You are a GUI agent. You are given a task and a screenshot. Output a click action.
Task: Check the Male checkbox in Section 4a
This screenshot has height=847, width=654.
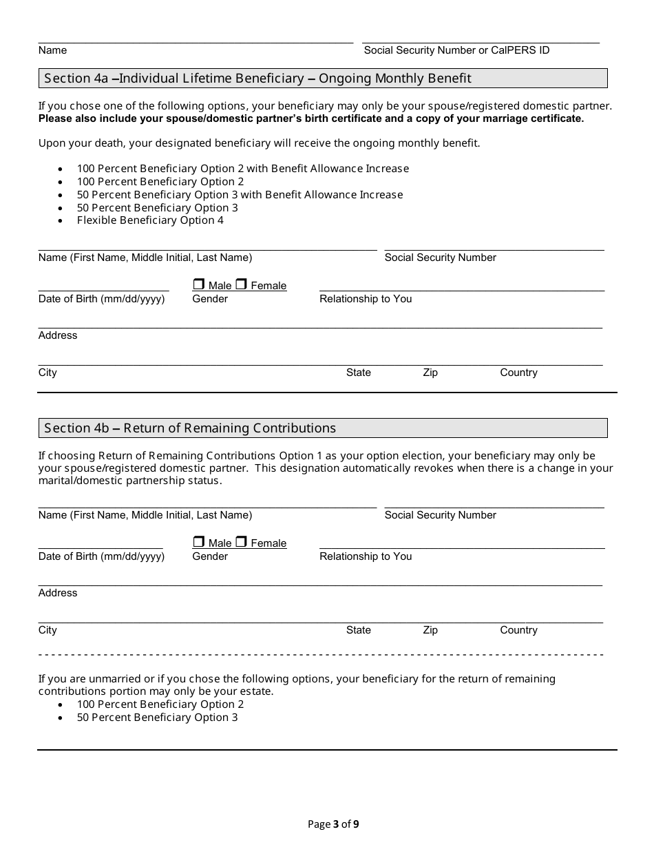tap(199, 284)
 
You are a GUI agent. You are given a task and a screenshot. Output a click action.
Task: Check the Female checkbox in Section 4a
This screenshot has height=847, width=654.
tap(241, 284)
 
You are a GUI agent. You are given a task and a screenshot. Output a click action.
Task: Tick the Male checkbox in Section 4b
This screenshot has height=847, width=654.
tap(199, 542)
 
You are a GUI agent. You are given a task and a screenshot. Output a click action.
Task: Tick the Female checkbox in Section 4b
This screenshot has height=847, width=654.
tap(241, 542)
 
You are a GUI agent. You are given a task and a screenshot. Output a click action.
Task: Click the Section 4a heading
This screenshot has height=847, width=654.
tap(257, 79)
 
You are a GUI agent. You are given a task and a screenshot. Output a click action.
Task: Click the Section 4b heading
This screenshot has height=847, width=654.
tap(190, 428)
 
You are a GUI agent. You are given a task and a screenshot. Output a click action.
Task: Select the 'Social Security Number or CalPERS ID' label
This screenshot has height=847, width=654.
tap(456, 50)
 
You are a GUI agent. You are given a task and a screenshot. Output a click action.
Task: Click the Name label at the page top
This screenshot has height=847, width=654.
tap(52, 50)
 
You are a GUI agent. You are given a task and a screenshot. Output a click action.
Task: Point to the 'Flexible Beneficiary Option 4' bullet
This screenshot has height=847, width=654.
tap(150, 220)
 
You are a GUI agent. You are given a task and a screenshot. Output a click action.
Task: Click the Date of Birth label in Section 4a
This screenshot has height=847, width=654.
tap(101, 299)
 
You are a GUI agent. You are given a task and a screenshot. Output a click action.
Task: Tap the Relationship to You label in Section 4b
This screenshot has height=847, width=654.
tap(366, 556)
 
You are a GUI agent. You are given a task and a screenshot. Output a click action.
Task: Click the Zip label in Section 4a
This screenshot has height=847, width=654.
tap(430, 373)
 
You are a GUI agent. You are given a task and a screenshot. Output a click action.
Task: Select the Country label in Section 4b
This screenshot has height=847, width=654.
tap(518, 630)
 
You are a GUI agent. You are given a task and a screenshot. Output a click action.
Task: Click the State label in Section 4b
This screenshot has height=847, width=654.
tap(358, 630)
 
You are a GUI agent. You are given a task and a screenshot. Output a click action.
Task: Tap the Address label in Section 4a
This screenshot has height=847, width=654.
tap(58, 335)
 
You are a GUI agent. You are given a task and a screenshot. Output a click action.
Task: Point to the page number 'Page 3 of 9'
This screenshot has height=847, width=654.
tap(333, 824)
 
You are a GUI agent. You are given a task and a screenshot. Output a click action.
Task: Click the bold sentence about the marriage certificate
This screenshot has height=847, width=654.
tap(310, 118)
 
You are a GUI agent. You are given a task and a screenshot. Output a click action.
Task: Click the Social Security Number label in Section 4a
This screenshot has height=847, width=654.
tap(440, 258)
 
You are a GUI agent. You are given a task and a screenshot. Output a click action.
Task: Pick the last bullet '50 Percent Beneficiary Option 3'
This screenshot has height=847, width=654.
tap(157, 718)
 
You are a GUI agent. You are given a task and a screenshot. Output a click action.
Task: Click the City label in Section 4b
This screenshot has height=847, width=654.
tap(48, 630)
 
